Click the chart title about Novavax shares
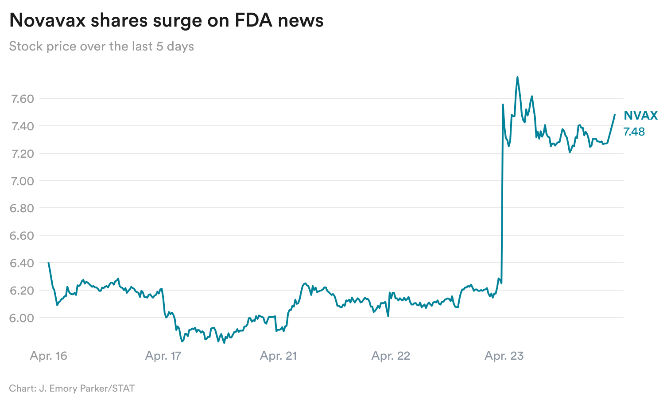(x=166, y=20)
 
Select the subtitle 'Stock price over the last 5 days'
(x=101, y=46)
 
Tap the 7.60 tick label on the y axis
(x=22, y=98)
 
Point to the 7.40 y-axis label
(x=22, y=126)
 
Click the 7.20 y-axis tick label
(x=22, y=153)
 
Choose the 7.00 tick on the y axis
(x=22, y=181)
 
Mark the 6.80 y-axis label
(x=22, y=208)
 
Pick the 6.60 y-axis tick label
(x=22, y=236)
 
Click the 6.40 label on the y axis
(x=22, y=263)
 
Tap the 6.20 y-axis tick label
(x=22, y=291)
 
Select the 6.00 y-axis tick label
(x=22, y=318)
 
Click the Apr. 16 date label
(x=49, y=356)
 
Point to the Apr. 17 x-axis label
(x=163, y=356)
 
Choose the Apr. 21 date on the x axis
(x=278, y=356)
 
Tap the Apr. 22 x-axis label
(x=391, y=356)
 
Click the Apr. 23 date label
(x=504, y=356)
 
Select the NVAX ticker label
(x=640, y=116)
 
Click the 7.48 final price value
(x=634, y=132)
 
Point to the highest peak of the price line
(x=517, y=77)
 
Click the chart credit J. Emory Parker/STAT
(x=72, y=388)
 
